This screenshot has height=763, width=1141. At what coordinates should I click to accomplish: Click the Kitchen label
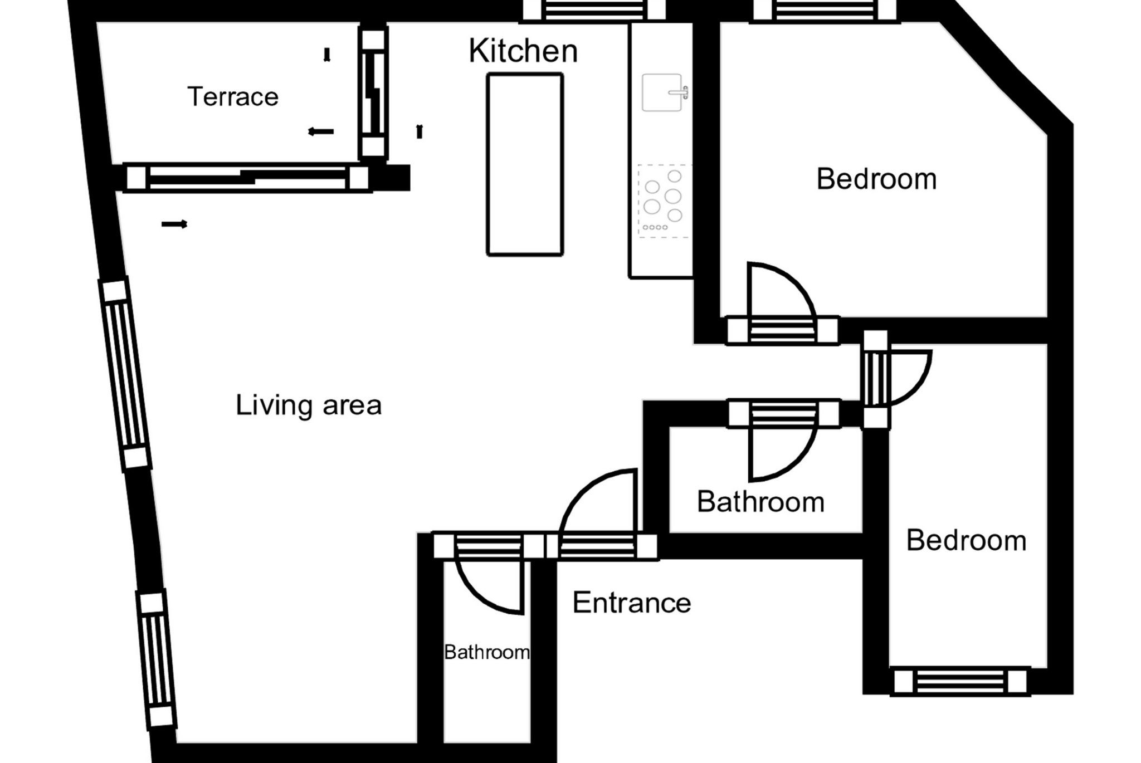click(x=523, y=51)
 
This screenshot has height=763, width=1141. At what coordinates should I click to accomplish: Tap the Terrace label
click(x=233, y=97)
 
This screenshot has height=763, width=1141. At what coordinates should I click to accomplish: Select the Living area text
click(x=309, y=405)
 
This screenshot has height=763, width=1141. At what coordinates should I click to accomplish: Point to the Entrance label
click(x=632, y=603)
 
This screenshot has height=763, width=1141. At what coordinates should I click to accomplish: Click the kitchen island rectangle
click(x=525, y=164)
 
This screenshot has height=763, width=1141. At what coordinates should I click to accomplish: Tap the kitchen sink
click(x=664, y=92)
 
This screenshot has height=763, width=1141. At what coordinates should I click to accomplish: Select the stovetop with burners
click(x=664, y=201)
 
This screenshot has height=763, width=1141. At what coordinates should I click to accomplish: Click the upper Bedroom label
click(x=876, y=179)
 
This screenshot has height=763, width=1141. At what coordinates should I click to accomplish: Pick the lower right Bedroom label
click(x=966, y=540)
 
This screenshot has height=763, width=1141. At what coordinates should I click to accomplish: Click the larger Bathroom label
click(x=760, y=502)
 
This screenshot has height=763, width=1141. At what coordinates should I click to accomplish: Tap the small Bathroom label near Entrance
click(x=487, y=652)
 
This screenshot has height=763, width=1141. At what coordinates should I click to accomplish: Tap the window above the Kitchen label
click(x=593, y=11)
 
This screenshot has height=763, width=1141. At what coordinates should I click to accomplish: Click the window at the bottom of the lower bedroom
click(x=960, y=681)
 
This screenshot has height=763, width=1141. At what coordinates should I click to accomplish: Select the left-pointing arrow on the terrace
click(x=321, y=132)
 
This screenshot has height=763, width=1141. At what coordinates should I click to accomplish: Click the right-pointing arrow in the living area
click(x=174, y=224)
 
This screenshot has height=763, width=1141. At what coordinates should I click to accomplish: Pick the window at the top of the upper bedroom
click(x=825, y=11)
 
